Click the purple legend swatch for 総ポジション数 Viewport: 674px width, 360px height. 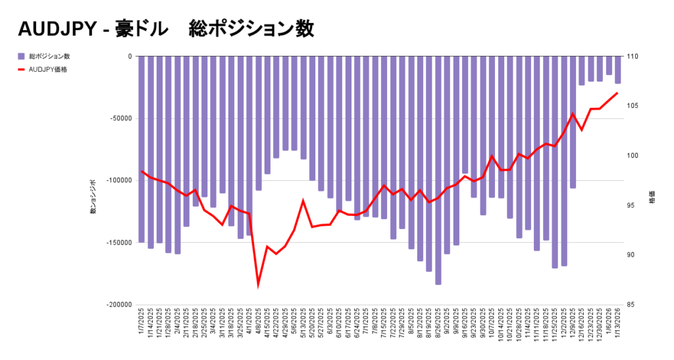pos(22,57)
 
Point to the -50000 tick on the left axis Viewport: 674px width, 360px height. pos(120,118)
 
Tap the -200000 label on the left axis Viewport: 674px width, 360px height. pos(118,305)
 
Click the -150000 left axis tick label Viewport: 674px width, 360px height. pos(118,243)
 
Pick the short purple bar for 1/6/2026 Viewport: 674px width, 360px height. pos(609,66)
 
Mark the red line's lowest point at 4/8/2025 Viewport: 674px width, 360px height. pos(259,284)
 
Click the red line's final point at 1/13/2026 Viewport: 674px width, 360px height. pos(617,93)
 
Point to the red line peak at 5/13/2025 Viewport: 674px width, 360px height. pos(303,201)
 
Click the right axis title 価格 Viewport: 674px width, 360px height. pos(652,197)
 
